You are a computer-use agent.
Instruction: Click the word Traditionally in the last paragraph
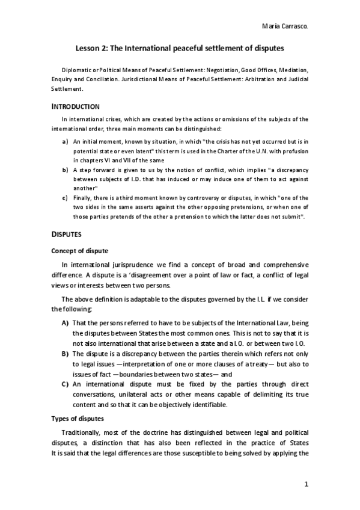point(84,433)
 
